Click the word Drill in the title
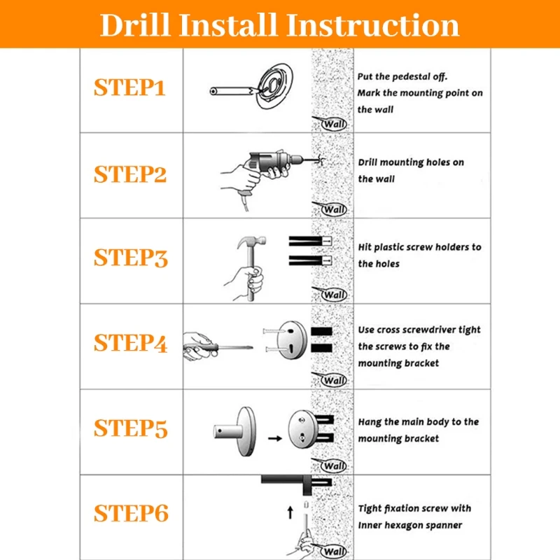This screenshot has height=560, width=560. click(x=134, y=25)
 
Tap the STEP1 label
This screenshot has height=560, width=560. click(x=129, y=87)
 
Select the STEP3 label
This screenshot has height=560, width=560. click(x=131, y=258)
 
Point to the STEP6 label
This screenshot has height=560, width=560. click(x=131, y=513)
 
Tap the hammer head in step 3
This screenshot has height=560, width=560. click(x=252, y=241)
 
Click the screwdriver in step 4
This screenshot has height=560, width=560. click(x=218, y=346)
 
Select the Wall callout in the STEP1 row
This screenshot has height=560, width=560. click(x=330, y=124)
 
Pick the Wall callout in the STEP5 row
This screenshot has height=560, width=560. click(x=330, y=465)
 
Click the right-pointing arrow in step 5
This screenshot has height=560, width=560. click(x=275, y=438)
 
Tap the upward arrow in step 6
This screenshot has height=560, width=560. click(x=290, y=512)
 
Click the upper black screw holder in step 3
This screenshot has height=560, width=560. click(x=310, y=241)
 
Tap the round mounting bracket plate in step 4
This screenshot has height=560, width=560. click(x=292, y=339)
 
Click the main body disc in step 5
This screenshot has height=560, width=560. click(x=246, y=431)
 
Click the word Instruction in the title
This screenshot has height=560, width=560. click(x=373, y=25)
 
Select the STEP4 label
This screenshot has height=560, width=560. click(x=131, y=343)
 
